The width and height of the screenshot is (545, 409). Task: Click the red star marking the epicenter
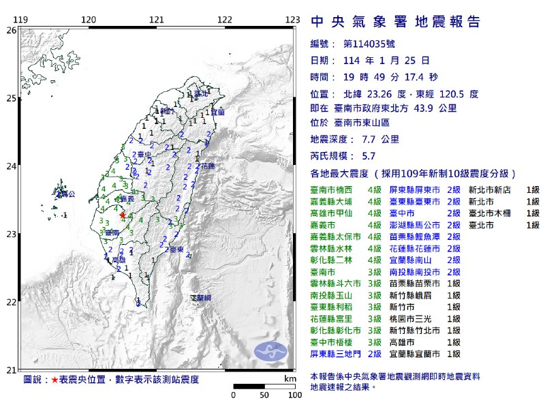point(123,215)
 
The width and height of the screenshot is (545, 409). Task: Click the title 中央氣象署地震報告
point(395,22)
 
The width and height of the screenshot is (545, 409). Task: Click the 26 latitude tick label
point(12,31)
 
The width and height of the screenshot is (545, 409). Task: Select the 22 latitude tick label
point(12,302)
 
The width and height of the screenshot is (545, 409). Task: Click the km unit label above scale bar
point(290,378)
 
